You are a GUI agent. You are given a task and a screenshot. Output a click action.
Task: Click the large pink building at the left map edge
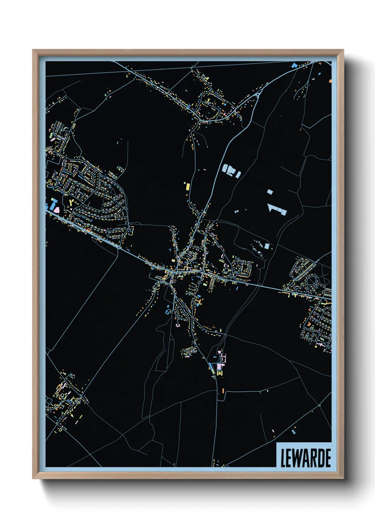[56, 210]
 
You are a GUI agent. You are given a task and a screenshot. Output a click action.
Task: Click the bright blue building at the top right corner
[294, 65]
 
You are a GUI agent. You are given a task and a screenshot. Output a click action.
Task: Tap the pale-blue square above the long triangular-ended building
[270, 192]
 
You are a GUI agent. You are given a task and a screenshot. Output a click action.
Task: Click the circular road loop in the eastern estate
[311, 281]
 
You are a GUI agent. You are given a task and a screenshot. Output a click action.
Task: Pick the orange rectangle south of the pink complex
[223, 390]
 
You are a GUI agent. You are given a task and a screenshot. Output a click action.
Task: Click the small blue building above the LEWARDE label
[293, 432]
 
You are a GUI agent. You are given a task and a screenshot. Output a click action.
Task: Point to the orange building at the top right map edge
[330, 81]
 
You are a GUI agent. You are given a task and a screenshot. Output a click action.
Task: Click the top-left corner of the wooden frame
[33, 50]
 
